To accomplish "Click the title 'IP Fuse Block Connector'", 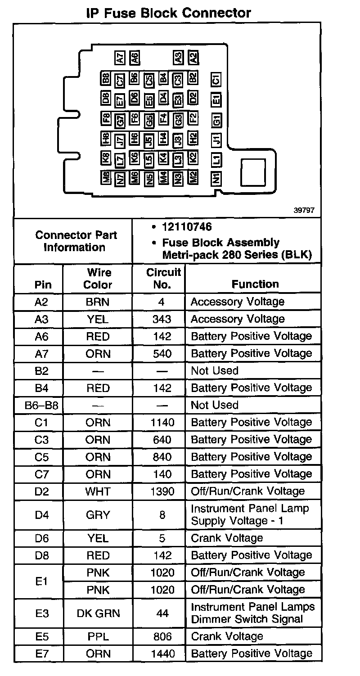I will (x=168, y=13).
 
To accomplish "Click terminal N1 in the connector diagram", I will (x=216, y=178).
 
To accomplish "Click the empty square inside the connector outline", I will (x=253, y=172).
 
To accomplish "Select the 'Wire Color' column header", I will (x=98, y=279).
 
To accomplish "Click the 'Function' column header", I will (x=255, y=284).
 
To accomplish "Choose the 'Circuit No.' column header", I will (x=163, y=279).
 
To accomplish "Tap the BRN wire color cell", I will (x=98, y=302).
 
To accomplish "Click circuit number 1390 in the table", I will (x=162, y=491).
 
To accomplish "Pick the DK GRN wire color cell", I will (x=98, y=613).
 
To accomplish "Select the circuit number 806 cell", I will (x=162, y=636).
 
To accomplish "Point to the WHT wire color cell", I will (x=98, y=491).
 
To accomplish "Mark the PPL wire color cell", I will (x=98, y=636).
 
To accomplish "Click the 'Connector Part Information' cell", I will (x=76, y=241).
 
